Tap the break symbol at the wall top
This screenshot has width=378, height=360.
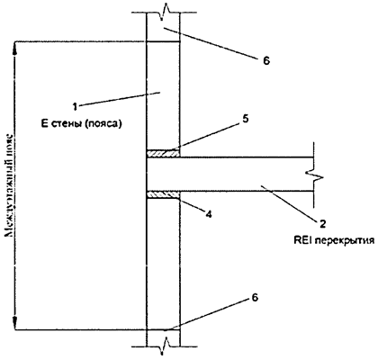[163, 13]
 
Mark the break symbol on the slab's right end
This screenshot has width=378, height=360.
[310, 172]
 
